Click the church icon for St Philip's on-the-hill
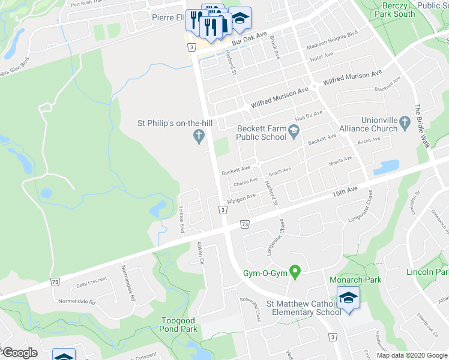pos(199,137)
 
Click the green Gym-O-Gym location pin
pos(295,273)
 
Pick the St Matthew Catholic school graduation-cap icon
pos(348,298)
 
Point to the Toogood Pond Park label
pos(179,325)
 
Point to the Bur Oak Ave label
pos(249,40)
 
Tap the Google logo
pos(20,353)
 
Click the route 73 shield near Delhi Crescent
pos(55,281)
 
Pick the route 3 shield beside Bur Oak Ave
pos(191,46)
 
